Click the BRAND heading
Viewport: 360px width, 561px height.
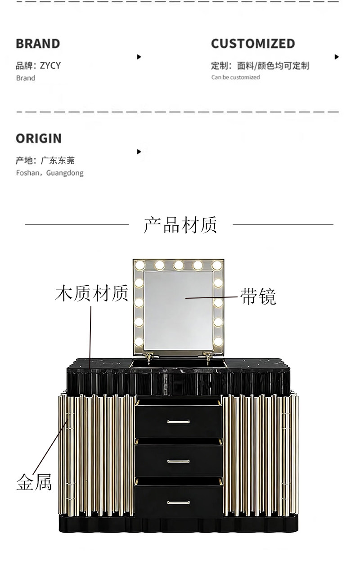[x=38, y=44]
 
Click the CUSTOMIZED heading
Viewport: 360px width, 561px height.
[x=253, y=44]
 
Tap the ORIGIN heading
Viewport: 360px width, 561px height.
[x=39, y=139]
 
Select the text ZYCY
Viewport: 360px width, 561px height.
[x=50, y=66]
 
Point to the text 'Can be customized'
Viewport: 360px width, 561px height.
[x=235, y=77]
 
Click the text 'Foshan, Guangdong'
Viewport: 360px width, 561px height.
[x=49, y=173]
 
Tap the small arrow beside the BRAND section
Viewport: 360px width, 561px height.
[x=139, y=57]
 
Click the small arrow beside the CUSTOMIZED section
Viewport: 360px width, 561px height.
[x=337, y=57]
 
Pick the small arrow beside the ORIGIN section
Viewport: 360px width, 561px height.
[x=139, y=152]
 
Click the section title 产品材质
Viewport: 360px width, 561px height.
[x=180, y=224]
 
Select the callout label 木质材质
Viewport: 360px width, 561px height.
[x=92, y=293]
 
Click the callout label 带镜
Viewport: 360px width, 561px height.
[x=258, y=296]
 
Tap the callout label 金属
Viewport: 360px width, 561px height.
[x=34, y=482]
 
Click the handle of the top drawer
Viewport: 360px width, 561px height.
[x=179, y=422]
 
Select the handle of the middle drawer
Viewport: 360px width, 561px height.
[x=179, y=461]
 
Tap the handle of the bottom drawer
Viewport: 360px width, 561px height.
[x=179, y=502]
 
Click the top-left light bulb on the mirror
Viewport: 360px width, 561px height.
[x=140, y=265]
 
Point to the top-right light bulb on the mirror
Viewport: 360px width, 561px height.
[x=217, y=265]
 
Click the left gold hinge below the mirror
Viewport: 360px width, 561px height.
[x=149, y=357]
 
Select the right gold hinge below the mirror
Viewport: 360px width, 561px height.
[x=208, y=357]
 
